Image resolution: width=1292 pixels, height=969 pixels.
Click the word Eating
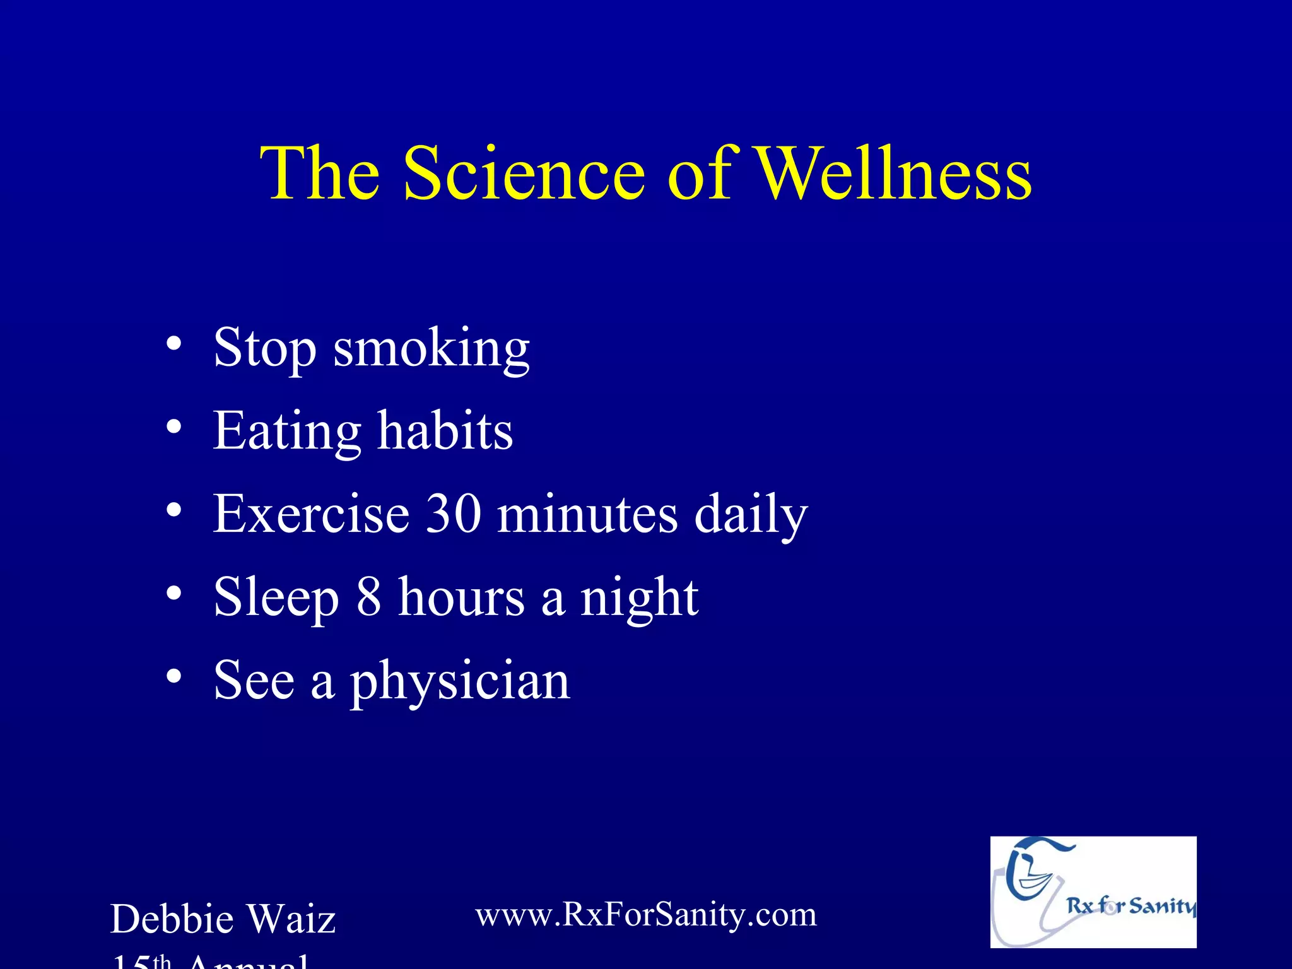coord(287,432)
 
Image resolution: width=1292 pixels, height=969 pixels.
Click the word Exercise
coord(311,514)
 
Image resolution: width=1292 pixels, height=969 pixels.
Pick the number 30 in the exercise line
coord(454,514)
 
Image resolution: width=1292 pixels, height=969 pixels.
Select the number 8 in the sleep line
coord(369,597)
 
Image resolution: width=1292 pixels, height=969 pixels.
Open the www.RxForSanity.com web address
coord(645,915)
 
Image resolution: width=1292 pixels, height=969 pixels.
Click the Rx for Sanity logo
coord(1093,892)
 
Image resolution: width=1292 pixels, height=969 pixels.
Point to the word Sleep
coord(276,598)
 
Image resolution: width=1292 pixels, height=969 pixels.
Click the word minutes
coord(587,515)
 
